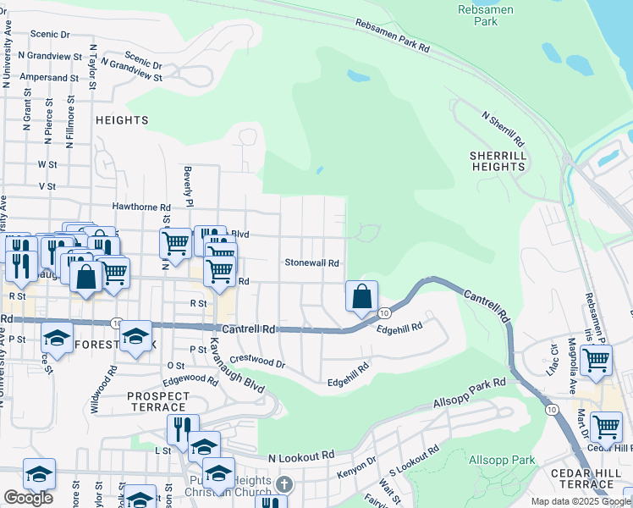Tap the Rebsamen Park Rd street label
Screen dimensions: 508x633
click(x=392, y=36)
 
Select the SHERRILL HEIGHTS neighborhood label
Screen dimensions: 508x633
click(x=498, y=161)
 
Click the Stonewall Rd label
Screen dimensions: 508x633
click(x=311, y=263)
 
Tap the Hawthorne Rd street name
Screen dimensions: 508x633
click(x=141, y=207)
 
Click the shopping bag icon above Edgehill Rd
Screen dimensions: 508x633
click(x=361, y=297)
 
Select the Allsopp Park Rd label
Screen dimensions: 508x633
click(x=469, y=391)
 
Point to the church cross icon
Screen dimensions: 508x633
click(x=285, y=486)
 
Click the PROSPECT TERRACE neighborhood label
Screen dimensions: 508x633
click(x=158, y=402)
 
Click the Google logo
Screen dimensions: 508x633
click(x=28, y=498)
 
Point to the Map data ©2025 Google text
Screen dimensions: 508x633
click(x=580, y=501)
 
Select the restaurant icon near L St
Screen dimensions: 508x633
click(x=179, y=429)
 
